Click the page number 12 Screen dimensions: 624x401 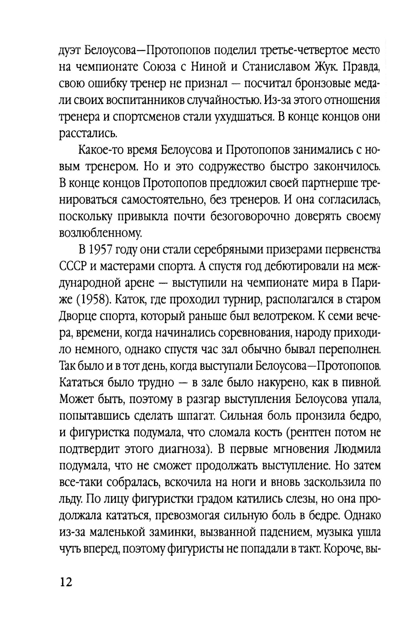66,582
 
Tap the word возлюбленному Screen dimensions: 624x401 100,233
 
